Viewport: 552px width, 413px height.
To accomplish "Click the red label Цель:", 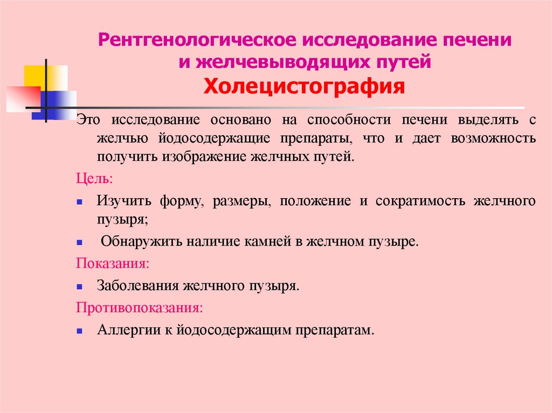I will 94,179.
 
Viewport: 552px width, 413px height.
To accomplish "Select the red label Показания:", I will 113,264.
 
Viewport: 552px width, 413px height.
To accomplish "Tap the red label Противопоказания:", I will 140,308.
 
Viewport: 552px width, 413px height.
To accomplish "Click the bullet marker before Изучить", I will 79,201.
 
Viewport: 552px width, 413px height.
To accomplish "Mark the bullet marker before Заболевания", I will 79,286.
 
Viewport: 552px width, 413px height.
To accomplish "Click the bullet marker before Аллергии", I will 79,330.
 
